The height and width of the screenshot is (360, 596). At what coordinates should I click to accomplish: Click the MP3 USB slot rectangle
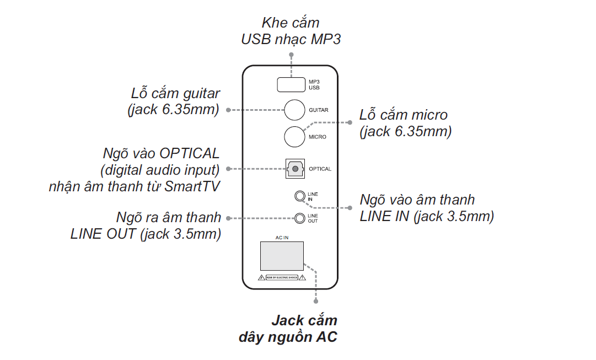pos(291,84)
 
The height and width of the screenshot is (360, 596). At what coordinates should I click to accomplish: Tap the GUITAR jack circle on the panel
pos(294,110)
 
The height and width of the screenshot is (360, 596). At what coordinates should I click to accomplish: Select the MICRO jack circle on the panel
pos(294,136)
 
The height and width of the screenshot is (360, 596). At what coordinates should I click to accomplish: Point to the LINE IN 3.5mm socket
pos(299,196)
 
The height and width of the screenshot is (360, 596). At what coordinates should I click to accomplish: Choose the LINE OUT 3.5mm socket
pos(299,218)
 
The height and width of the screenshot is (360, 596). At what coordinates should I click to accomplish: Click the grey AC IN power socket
pos(282,256)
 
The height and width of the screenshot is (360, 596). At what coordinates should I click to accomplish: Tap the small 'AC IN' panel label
pos(282,238)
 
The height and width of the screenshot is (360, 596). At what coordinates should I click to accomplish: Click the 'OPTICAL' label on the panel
pos(320,169)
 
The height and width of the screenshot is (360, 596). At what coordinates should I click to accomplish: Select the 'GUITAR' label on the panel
pos(318,110)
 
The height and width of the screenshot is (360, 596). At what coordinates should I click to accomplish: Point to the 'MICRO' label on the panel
pos(317,137)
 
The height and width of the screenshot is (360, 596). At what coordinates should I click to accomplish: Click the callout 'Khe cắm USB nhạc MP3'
pos(291,31)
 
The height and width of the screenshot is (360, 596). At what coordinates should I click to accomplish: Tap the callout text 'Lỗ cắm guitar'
pos(175,93)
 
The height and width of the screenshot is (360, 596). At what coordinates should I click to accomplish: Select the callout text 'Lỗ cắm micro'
pos(404,115)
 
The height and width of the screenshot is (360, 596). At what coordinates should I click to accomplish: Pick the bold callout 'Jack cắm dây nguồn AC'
pos(289,329)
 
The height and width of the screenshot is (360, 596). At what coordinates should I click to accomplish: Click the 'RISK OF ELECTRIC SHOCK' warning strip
pos(282,278)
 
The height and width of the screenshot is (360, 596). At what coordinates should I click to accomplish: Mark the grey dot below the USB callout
pos(291,55)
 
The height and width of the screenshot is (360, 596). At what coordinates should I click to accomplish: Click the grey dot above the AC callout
pos(316,302)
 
